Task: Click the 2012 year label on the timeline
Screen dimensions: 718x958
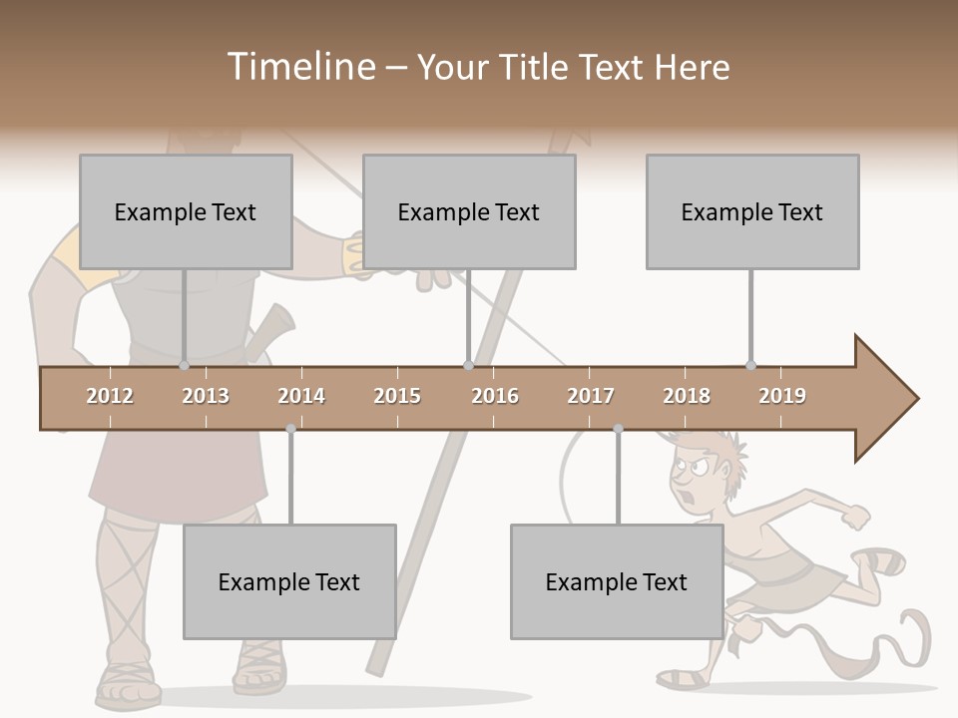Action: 110,396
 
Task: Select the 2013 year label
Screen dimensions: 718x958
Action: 206,396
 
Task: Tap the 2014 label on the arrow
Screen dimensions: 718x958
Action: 301,396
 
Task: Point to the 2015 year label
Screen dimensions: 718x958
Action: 397,396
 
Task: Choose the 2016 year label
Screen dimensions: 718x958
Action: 495,396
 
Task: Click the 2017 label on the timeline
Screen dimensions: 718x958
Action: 591,396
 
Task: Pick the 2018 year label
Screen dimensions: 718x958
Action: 687,396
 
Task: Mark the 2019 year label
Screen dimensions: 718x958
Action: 782,396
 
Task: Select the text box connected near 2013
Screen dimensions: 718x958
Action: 186,211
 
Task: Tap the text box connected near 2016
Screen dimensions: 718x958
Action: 469,211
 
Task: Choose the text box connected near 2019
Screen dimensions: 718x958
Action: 752,211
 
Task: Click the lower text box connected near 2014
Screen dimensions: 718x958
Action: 289,581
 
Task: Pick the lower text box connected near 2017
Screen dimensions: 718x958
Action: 617,581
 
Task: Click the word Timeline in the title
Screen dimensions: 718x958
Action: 299,67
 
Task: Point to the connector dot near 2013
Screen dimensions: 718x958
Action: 185,366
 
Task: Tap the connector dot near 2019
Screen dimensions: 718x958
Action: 751,365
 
